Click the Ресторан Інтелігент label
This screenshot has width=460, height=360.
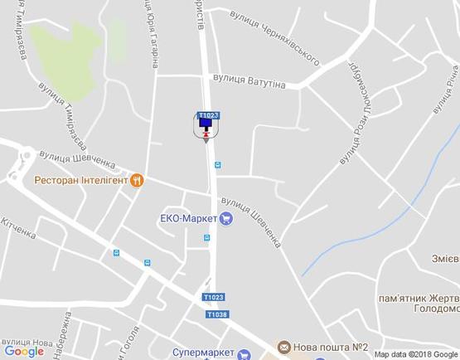80,180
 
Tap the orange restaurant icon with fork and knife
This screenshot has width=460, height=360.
137,179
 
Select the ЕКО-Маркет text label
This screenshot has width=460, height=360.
188,219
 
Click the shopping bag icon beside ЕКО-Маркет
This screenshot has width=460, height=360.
225,219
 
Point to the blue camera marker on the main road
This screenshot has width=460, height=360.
206,126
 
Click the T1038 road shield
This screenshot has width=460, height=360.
216,314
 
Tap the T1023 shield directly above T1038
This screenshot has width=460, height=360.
213,297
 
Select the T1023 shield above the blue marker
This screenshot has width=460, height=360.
208,114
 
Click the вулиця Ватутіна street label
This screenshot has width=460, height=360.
249,81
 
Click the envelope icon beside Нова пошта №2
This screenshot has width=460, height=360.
283,347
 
